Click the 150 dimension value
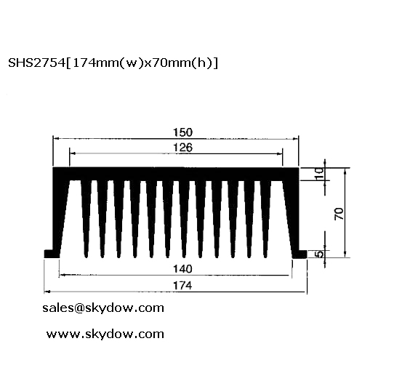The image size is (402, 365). pyautogui.click(x=182, y=132)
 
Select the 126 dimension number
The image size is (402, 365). pyautogui.click(x=182, y=148)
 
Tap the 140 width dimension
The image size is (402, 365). pyautogui.click(x=182, y=269)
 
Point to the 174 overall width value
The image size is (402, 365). pyautogui.click(x=182, y=286)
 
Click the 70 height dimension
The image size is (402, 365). pyautogui.click(x=339, y=214)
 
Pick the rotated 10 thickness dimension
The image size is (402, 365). pyautogui.click(x=319, y=174)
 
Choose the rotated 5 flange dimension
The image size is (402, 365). pyautogui.click(x=319, y=254)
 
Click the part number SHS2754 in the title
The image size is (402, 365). pyautogui.click(x=37, y=63)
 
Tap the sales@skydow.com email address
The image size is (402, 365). pyautogui.click(x=103, y=308)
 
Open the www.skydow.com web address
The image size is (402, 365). pyautogui.click(x=105, y=334)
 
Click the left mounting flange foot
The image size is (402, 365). pyautogui.click(x=52, y=254)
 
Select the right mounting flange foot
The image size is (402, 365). pyautogui.click(x=300, y=254)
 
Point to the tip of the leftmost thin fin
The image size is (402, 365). pyautogui.click(x=86, y=257)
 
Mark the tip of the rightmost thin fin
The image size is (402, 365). pyautogui.click(x=265, y=257)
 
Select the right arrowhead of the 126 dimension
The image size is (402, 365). pyautogui.click(x=279, y=154)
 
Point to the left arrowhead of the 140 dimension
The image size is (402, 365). pyautogui.click(x=62, y=275)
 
